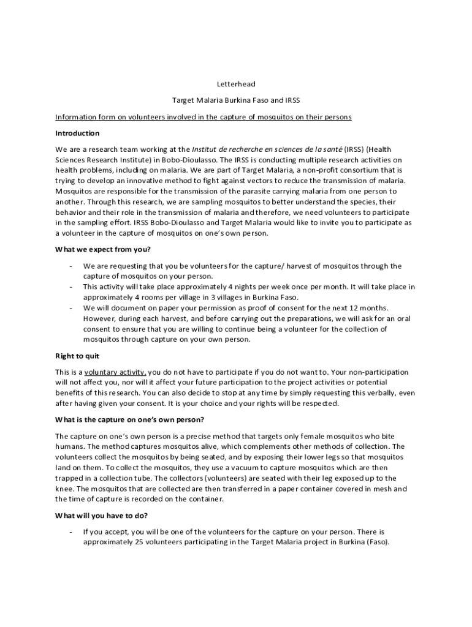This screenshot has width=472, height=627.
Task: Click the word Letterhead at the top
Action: coord(236,84)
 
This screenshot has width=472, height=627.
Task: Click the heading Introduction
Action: coord(77,133)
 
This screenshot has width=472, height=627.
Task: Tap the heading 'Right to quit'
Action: coord(77,356)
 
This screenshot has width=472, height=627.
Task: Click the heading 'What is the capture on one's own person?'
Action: coord(129,419)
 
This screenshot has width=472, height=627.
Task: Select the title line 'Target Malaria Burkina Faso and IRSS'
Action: coord(236,100)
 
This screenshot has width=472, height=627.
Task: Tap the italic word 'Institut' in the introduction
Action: coord(205,149)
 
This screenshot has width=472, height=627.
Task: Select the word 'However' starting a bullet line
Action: coord(98,318)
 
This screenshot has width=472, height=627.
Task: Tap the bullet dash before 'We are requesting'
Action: coord(71,266)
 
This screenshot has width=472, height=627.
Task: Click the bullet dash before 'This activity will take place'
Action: coord(71,287)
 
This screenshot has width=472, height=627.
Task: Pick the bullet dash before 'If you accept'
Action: coord(71,532)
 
